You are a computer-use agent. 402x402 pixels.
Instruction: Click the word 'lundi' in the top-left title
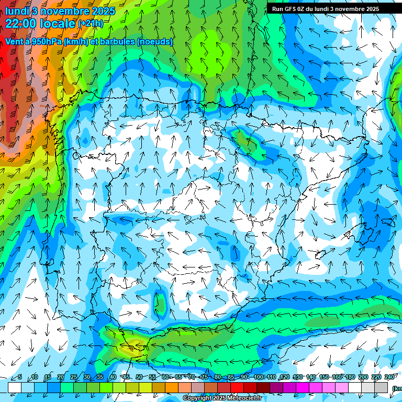(16, 11)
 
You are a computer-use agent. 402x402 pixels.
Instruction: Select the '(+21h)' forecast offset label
(91, 24)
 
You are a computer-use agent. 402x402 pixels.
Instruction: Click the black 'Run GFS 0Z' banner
(325, 9)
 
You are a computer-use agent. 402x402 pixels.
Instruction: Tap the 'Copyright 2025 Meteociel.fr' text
(222, 398)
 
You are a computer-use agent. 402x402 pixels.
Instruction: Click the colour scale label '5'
(20, 377)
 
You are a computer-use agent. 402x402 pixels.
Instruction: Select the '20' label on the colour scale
(61, 377)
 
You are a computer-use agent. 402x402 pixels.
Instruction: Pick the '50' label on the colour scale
(139, 377)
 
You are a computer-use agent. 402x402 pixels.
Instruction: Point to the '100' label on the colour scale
(259, 377)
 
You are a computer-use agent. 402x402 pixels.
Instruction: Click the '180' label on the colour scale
(349, 377)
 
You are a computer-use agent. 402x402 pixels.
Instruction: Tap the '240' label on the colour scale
(389, 377)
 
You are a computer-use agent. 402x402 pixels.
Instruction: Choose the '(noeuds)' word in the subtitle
(155, 41)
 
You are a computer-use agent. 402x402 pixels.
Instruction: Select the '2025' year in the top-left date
(104, 11)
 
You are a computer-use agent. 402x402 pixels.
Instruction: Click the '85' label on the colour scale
(231, 377)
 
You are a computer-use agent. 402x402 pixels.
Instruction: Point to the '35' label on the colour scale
(100, 377)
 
